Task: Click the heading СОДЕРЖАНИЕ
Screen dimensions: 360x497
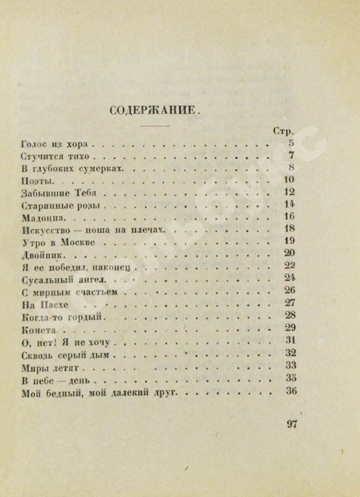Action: tap(160, 109)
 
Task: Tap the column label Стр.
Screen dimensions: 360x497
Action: tap(284, 130)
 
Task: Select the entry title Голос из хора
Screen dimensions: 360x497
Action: tap(58, 143)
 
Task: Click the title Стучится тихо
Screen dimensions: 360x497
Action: tap(58, 156)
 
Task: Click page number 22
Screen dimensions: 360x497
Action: tap(290, 265)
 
